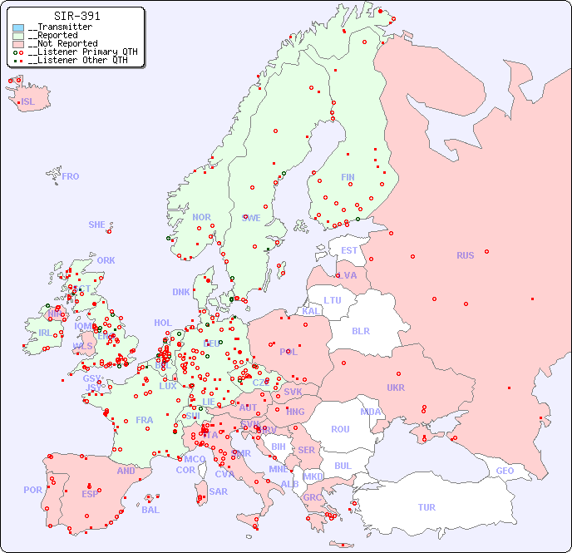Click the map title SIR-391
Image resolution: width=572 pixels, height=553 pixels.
[76, 16]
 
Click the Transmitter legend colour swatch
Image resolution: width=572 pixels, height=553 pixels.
[18, 27]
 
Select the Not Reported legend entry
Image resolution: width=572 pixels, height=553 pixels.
[62, 44]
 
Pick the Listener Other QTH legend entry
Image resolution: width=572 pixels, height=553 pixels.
[77, 60]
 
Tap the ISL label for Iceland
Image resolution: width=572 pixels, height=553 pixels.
[28, 102]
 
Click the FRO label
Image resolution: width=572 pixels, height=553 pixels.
[71, 176]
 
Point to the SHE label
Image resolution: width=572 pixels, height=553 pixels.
[96, 225]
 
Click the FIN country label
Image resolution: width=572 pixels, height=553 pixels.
[348, 177]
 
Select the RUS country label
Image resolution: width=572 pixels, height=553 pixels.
[465, 255]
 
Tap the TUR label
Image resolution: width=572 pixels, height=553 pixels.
[427, 507]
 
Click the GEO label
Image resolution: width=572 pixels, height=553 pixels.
[505, 471]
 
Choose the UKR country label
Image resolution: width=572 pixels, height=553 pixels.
[396, 388]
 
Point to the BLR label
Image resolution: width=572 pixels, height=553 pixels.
[360, 330]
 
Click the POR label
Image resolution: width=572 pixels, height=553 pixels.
[32, 490]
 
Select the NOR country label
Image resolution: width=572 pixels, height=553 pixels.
[201, 217]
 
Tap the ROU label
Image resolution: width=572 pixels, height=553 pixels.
[340, 429]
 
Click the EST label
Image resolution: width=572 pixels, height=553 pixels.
[349, 250]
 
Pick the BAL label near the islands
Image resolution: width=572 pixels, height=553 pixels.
[150, 510]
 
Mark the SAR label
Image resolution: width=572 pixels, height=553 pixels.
[218, 491]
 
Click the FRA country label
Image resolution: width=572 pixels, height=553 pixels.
[145, 420]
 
